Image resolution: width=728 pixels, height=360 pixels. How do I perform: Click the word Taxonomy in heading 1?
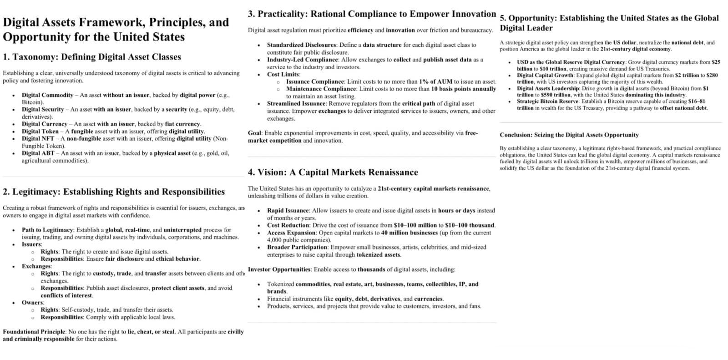tap(35, 57)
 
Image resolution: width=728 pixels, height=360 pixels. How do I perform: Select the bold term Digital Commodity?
tap(47, 95)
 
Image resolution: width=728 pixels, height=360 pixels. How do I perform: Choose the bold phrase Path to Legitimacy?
tap(47, 230)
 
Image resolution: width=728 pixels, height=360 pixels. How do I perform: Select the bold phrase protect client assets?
tap(178, 288)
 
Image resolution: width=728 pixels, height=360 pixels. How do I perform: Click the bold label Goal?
tap(254, 133)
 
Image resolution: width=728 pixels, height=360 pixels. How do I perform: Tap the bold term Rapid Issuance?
tap(288, 211)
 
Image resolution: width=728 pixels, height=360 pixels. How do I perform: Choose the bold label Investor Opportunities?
tap(279, 269)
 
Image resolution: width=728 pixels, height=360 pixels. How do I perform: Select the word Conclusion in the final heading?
tap(516, 135)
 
